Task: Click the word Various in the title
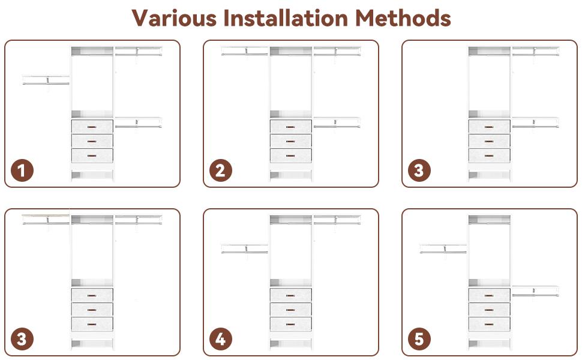(x=174, y=18)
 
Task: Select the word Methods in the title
(x=403, y=18)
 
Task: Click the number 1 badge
(x=22, y=170)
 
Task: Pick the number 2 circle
(x=220, y=170)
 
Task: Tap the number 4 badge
(x=220, y=339)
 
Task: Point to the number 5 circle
(x=419, y=339)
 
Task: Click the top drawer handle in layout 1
(x=92, y=127)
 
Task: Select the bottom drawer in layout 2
(x=290, y=156)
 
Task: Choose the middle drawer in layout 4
(x=290, y=310)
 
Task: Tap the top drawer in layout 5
(x=489, y=295)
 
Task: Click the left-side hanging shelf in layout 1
(x=46, y=80)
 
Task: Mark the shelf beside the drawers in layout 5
(x=535, y=291)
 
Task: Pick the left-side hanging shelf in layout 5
(x=443, y=248)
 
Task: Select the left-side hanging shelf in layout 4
(x=245, y=248)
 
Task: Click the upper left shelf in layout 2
(x=245, y=51)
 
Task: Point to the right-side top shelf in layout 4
(x=337, y=220)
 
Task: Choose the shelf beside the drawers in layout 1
(x=138, y=122)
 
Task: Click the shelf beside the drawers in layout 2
(x=337, y=122)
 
